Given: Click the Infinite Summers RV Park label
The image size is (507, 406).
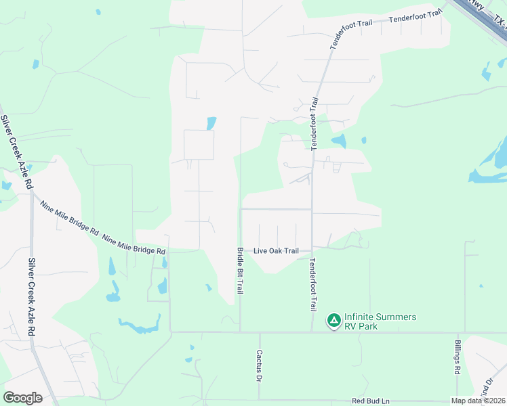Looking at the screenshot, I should pyautogui.click(x=380, y=321).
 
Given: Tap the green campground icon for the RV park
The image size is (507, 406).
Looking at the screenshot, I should pyautogui.click(x=333, y=319).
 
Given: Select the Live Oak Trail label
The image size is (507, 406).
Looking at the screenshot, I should pyautogui.click(x=276, y=251).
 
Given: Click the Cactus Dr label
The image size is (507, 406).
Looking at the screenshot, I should pyautogui.click(x=259, y=365).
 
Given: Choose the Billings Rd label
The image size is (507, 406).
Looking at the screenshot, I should pyautogui.click(x=458, y=358).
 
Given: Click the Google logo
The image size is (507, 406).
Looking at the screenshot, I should pyautogui.click(x=22, y=398).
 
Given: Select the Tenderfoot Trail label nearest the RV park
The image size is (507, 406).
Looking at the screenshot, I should pyautogui.click(x=312, y=284).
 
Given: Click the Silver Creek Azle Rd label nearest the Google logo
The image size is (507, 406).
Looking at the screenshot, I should pyautogui.click(x=31, y=298).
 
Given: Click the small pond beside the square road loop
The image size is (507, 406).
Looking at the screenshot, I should pyautogui.click(x=211, y=123).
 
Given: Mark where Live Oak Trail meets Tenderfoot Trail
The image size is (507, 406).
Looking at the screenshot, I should pyautogui.click(x=312, y=249).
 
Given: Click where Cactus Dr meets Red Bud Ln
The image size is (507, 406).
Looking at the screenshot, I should pyautogui.click(x=259, y=400).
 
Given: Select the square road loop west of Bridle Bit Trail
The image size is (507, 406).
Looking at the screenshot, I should pyautogui.click(x=199, y=145).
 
